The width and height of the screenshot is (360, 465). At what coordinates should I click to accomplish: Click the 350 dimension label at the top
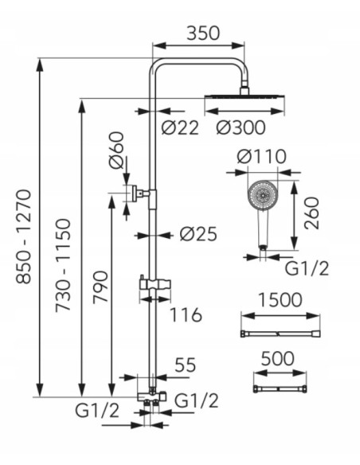coord(203,33)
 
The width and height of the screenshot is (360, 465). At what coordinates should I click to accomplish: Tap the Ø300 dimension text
coord(241,128)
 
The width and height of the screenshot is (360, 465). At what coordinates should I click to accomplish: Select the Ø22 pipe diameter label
coord(180,128)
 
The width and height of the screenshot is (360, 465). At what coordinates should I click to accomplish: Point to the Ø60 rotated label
coord(116,150)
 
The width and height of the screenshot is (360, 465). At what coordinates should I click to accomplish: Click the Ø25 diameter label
coord(198,234)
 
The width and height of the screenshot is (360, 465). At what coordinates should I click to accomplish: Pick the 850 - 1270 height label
coord(23,236)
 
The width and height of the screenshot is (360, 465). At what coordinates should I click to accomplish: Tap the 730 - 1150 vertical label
coord(63,264)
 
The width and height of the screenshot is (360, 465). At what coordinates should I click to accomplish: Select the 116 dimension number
coord(186,315)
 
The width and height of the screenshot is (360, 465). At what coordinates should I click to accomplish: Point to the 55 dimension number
coord(186,365)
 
